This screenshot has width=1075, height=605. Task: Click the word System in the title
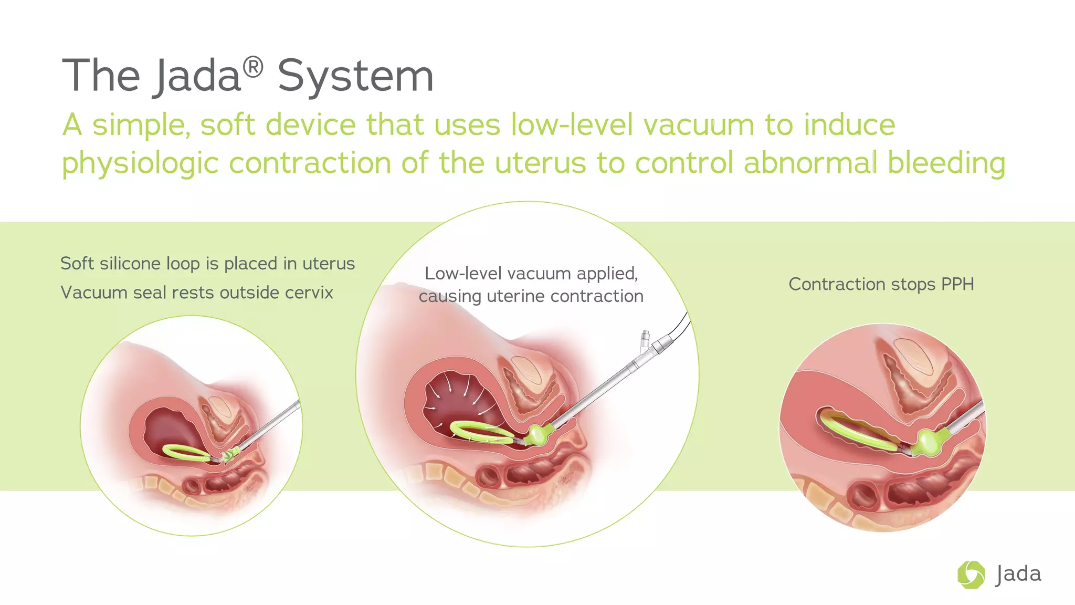(x=355, y=77)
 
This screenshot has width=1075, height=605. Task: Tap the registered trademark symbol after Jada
(x=253, y=68)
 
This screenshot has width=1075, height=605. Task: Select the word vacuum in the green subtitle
(x=699, y=125)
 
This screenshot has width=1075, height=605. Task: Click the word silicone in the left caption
(x=130, y=263)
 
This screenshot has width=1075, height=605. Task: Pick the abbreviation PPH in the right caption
(x=957, y=284)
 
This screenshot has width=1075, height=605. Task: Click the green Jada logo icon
(x=971, y=575)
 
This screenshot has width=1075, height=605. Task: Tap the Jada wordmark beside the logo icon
(x=1018, y=575)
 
